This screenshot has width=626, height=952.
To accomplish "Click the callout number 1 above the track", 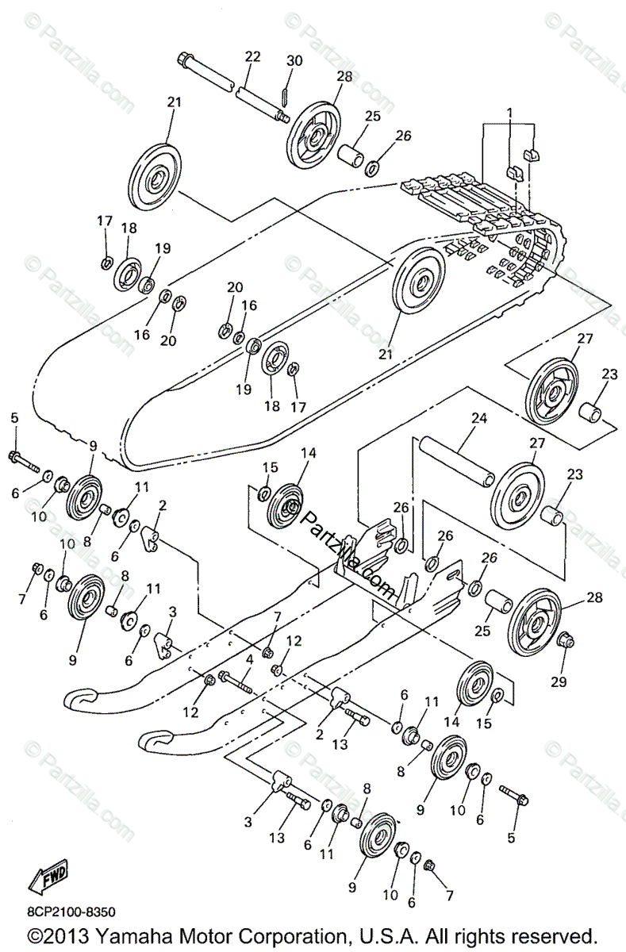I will (511, 113).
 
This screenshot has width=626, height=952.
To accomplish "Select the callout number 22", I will (252, 56).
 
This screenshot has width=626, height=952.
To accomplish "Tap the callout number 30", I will (294, 61).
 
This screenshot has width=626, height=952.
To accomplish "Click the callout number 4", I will (249, 659).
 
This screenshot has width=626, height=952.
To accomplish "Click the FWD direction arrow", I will (48, 877).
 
